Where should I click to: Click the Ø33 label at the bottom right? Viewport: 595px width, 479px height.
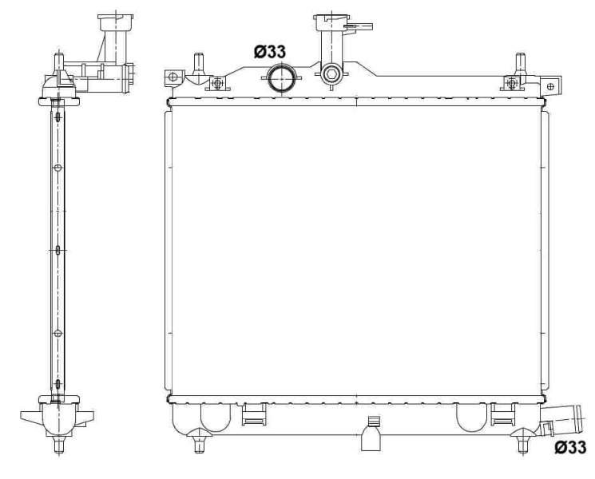pos(571,449)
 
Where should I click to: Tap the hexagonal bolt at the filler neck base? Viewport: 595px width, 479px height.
pos(331,77)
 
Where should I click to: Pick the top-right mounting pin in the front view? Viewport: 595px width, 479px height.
pos(521,62)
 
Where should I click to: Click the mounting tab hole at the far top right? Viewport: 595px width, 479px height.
pos(549,85)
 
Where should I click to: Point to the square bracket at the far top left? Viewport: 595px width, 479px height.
pos(171,77)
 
